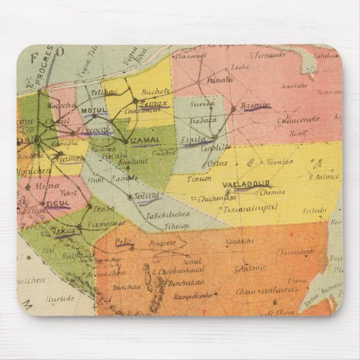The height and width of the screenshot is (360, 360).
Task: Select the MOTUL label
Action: [93, 111]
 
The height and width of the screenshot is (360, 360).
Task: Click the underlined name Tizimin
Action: [255, 105]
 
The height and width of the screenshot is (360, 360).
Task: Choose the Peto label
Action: [123, 241]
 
